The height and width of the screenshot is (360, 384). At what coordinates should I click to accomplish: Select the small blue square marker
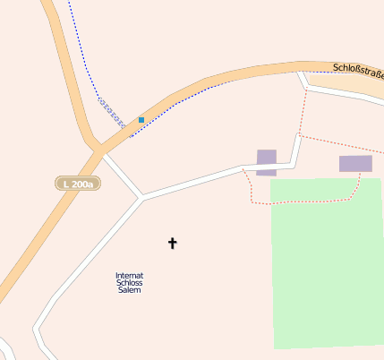(141, 119)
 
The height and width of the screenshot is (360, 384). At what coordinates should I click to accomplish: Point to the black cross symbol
(173, 243)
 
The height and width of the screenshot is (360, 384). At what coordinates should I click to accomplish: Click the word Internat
(130, 275)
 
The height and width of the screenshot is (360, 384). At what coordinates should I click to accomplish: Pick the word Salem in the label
(130, 291)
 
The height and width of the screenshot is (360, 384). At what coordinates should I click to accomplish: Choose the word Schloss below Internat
(130, 283)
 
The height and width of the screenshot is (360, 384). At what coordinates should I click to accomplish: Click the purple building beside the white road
(267, 161)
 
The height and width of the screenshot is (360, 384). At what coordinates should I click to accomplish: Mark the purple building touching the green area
(355, 163)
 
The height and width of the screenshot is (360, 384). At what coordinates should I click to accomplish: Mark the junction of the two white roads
(142, 196)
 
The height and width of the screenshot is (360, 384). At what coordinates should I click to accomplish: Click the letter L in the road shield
(65, 184)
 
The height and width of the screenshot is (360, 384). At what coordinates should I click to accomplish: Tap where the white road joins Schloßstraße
(303, 74)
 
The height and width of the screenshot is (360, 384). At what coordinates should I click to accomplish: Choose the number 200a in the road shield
(83, 184)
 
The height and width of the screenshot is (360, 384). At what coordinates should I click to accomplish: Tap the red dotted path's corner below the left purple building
(252, 202)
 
